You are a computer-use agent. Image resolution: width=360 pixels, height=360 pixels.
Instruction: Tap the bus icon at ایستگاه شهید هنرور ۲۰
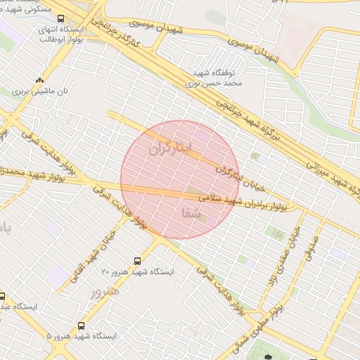click(x=139, y=261)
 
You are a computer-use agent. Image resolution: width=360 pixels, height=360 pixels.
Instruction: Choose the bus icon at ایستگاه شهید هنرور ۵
click(x=82, y=326)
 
